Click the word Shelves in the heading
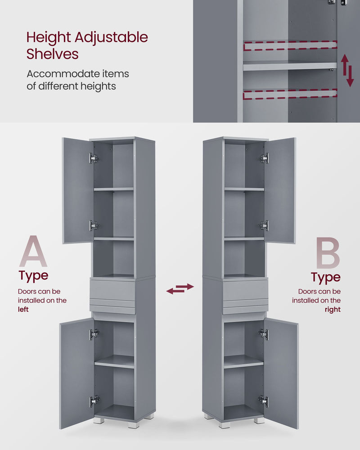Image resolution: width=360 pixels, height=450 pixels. [x=52, y=54]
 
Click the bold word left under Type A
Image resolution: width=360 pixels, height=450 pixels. [x=23, y=310]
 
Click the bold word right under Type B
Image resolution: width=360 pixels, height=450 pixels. [x=333, y=310]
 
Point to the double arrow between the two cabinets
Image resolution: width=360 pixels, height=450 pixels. [x=180, y=289]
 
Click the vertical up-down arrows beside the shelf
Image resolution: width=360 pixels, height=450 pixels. [x=347, y=71]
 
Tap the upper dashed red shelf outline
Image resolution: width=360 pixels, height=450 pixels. [x=290, y=45]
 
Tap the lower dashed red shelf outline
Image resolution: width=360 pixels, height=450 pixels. [x=290, y=94]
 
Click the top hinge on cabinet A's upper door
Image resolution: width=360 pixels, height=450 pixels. [x=93, y=158]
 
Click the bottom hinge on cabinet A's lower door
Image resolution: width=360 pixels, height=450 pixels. [x=94, y=400]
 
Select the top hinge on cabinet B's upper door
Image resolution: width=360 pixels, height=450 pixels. [x=264, y=158]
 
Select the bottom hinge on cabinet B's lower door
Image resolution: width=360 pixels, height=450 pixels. [x=263, y=400]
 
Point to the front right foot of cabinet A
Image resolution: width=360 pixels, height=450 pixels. [x=134, y=424]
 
